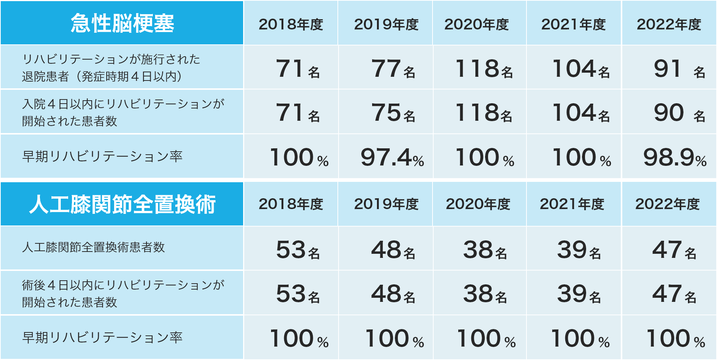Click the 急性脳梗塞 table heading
[x=122, y=23]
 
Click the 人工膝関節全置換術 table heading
[x=122, y=204]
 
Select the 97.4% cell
[x=392, y=157]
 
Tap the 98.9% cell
[x=674, y=157]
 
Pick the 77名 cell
[x=393, y=69]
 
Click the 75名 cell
[x=393, y=113]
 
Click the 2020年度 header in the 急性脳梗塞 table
[x=477, y=25]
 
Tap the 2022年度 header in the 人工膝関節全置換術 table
[x=667, y=204]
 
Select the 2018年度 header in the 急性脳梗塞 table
[x=291, y=25]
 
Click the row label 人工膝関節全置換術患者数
[x=93, y=247]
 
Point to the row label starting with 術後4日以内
[x=123, y=293]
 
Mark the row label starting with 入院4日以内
[x=123, y=112]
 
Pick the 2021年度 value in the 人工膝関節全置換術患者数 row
[x=579, y=250]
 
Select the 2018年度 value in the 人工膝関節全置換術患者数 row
[x=298, y=250]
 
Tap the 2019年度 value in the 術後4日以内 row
[x=393, y=294]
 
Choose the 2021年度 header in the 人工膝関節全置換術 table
[x=572, y=204]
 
